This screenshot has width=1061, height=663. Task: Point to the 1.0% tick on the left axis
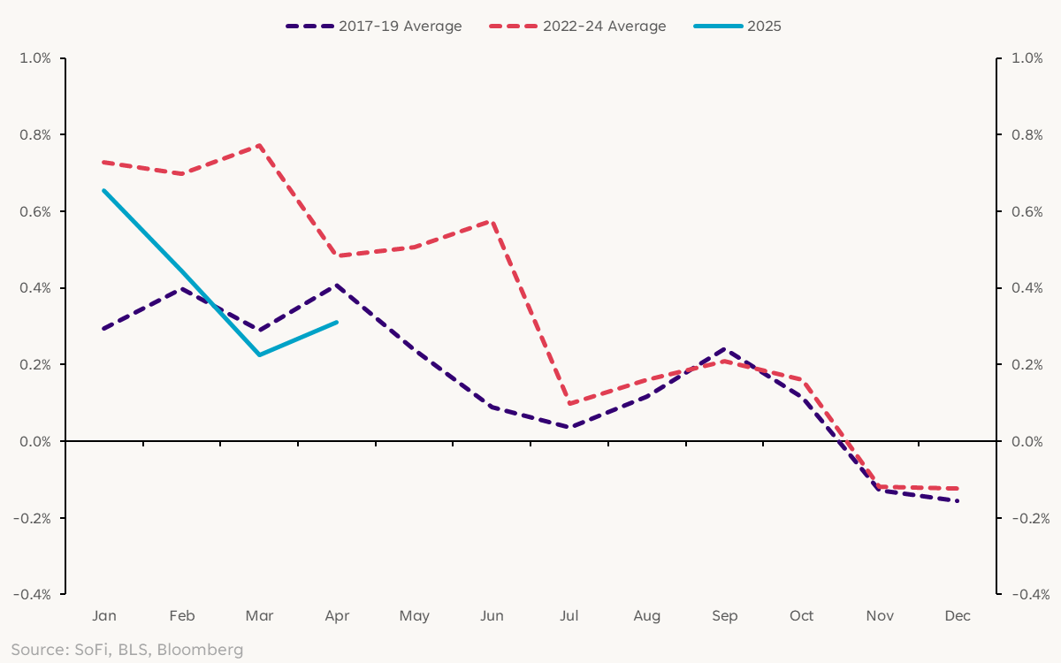(x=35, y=58)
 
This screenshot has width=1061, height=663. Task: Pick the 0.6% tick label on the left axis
(x=35, y=211)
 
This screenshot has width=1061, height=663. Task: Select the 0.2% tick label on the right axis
(x=1027, y=364)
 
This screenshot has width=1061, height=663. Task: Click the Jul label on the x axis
(x=569, y=615)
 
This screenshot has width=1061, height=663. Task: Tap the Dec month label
(x=958, y=615)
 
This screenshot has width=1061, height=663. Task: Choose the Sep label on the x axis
(x=725, y=615)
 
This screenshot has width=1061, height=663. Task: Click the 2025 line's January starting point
(x=103, y=190)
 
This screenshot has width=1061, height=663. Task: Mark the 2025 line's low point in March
(x=259, y=354)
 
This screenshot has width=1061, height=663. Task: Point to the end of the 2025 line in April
(x=337, y=322)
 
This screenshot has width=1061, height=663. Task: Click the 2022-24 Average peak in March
(x=259, y=145)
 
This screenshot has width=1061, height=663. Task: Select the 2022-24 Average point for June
(x=492, y=220)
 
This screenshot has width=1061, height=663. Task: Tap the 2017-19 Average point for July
(x=569, y=428)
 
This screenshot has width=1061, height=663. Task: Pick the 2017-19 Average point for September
(x=725, y=348)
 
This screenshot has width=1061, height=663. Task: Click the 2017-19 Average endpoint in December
(x=958, y=501)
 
